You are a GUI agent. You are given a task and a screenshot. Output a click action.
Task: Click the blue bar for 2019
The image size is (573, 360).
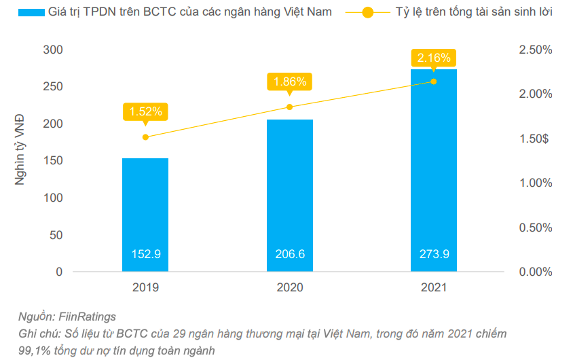point(145,215)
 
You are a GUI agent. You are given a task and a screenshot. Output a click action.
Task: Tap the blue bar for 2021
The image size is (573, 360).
point(434,170)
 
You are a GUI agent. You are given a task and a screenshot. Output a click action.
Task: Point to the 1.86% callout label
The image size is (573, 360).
point(290,82)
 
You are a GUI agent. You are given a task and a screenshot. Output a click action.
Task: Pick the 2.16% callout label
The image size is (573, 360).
point(434,58)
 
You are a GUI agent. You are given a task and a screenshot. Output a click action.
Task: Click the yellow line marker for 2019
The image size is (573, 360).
point(145,137)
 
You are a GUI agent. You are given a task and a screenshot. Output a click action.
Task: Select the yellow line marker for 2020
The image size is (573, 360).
point(290,107)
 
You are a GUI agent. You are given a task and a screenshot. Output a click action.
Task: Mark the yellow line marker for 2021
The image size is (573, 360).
point(434,82)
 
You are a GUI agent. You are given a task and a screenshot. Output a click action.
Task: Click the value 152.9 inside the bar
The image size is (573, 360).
point(145,255)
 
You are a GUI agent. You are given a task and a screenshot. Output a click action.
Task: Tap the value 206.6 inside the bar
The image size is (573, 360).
point(290,255)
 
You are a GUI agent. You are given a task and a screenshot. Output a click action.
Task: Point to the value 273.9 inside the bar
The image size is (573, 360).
point(434,255)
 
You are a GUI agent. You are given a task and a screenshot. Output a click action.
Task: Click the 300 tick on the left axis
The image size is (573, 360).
point(53,50)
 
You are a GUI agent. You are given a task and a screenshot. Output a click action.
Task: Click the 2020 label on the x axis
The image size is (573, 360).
point(290,288)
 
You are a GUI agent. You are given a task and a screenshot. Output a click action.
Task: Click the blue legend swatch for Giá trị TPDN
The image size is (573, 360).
point(31,12)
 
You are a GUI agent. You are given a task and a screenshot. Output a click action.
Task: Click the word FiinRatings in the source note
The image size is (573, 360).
point(87,317)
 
